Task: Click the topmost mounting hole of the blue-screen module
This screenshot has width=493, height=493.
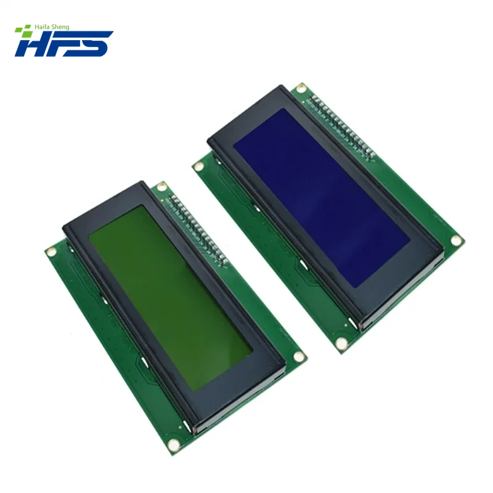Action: point(301,89)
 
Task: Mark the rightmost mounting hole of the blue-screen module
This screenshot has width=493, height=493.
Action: point(455,239)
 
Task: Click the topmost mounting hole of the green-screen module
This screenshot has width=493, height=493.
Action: point(161,187)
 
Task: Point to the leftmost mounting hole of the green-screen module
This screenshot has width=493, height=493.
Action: point(51,251)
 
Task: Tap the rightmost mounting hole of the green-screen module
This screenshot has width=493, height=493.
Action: point(299,356)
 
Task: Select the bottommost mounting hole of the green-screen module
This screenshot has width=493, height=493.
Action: point(173,442)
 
